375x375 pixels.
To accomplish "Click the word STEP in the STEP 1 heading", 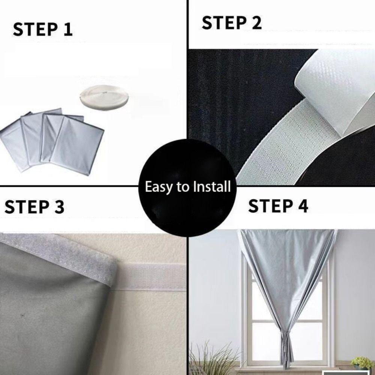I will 32,30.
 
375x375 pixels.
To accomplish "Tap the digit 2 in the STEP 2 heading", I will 255,23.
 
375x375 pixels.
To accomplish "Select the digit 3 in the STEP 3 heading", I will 58,207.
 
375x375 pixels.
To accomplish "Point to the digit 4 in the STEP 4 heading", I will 301,206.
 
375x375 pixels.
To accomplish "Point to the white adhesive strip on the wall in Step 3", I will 150,277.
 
